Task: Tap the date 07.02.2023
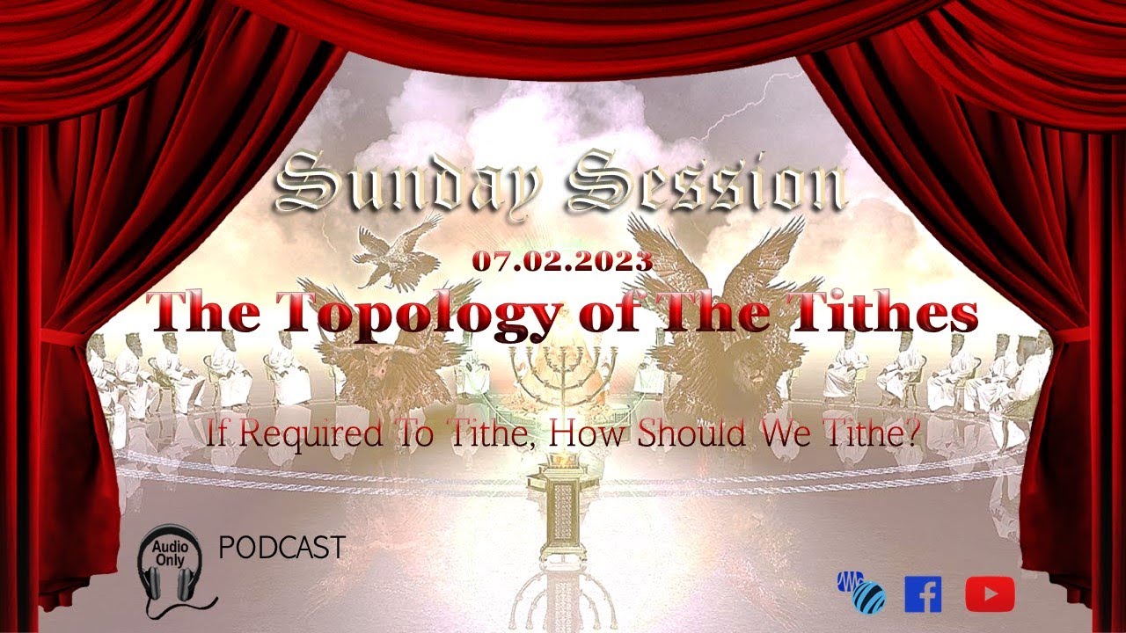pyautogui.click(x=562, y=261)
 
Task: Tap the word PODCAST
pyautogui.click(x=281, y=548)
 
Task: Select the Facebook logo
pyautogui.click(x=923, y=594)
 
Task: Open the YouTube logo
pyautogui.click(x=990, y=594)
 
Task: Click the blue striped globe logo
pyautogui.click(x=861, y=593)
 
